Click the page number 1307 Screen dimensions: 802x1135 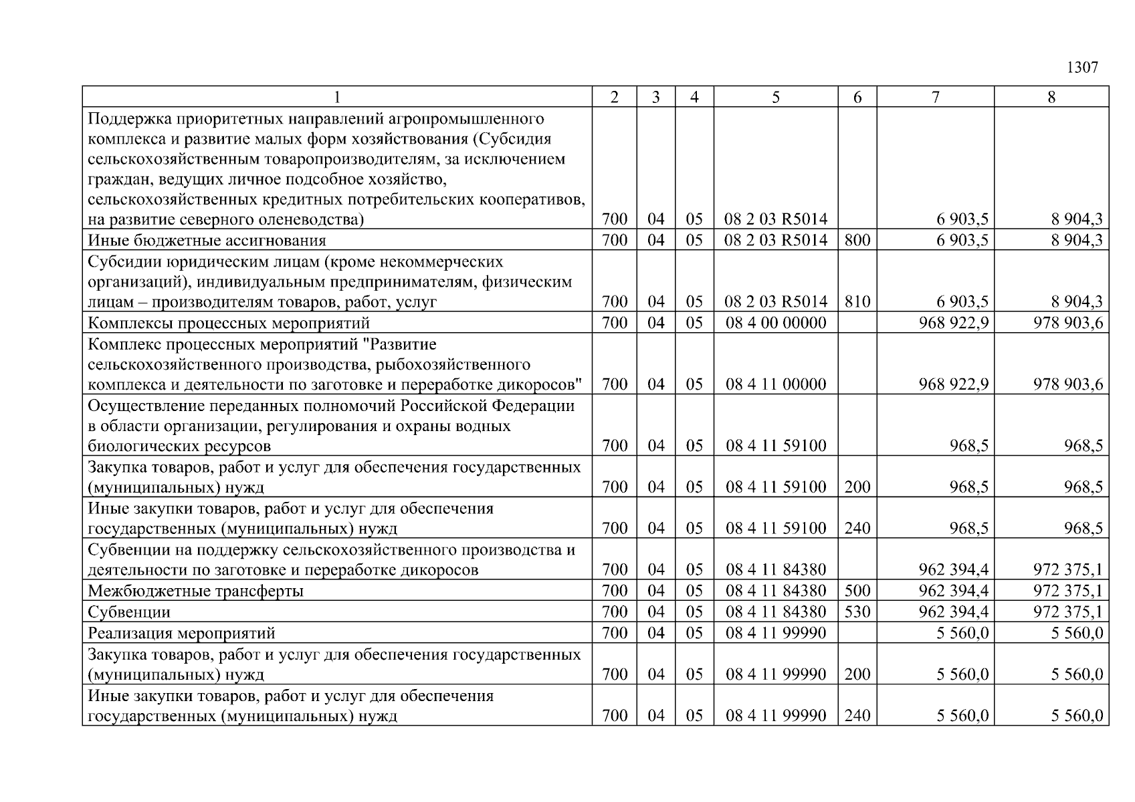point(1081,68)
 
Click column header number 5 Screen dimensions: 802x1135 point(775,98)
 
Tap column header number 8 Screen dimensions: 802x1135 point(1051,98)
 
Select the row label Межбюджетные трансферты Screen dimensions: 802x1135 point(195,591)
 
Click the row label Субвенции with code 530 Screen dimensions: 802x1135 point(129,612)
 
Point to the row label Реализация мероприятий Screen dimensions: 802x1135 point(181,633)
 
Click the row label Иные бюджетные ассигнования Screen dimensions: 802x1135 point(207,240)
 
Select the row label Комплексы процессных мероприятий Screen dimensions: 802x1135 point(229,323)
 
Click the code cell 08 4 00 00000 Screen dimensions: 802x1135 point(776,323)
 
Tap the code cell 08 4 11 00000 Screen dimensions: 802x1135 point(776,384)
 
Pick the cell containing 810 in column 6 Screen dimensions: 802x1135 point(857,302)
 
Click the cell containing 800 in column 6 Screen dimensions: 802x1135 point(857,240)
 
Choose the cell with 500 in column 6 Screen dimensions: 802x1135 point(857,591)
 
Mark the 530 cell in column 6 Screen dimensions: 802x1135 point(857,612)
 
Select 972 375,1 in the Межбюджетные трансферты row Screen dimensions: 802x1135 point(1067,591)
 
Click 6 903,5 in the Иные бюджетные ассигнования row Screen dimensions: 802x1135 point(962,240)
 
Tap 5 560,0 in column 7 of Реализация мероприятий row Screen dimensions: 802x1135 point(962,633)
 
